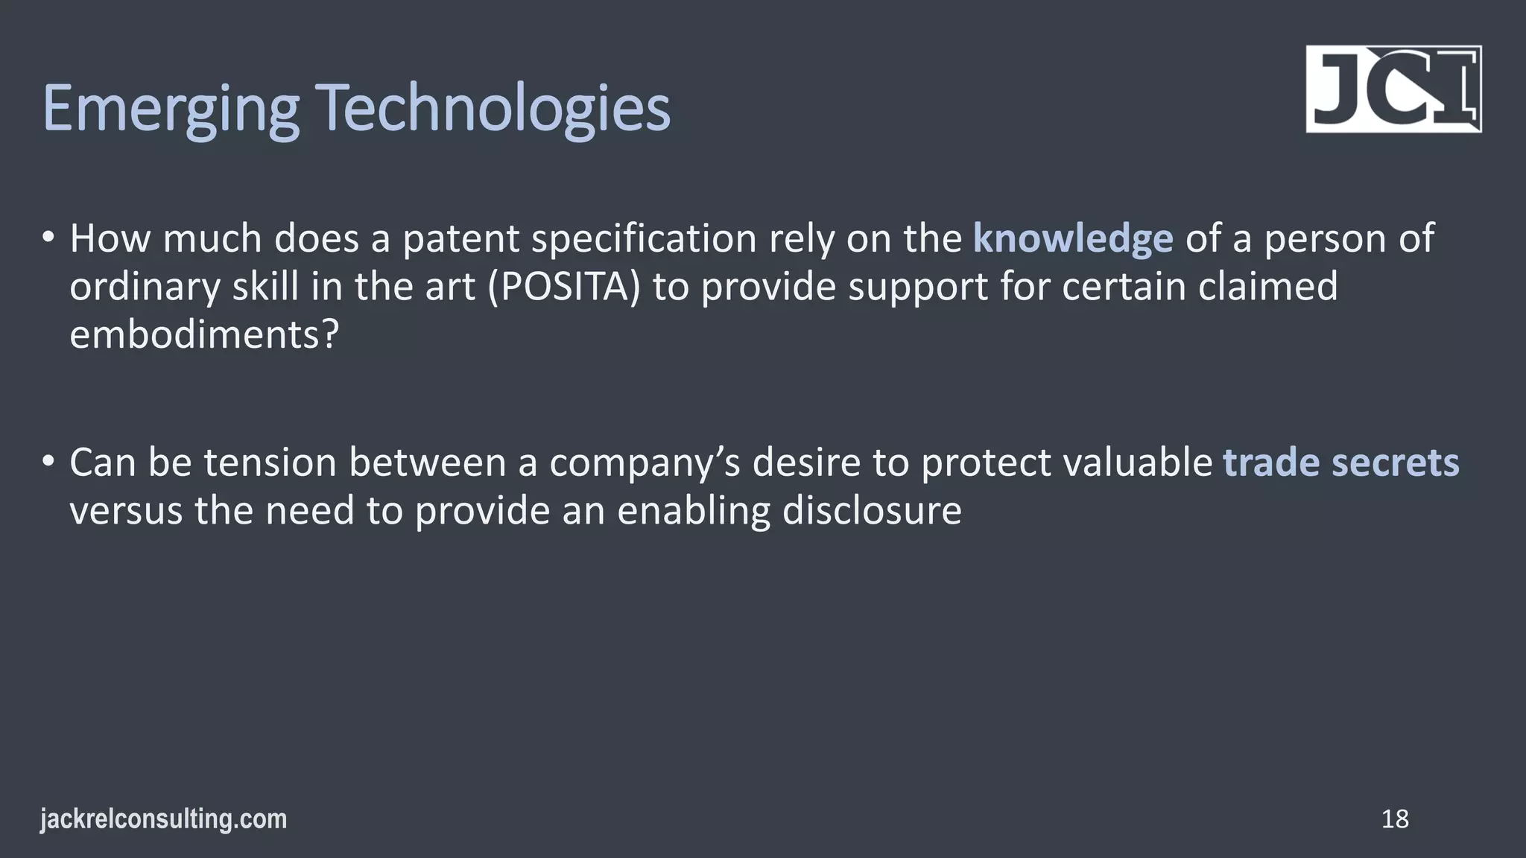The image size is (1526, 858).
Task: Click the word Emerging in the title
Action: [x=171, y=109]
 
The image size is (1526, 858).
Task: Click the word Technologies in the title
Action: [x=495, y=109]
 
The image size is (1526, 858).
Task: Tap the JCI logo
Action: [x=1393, y=89]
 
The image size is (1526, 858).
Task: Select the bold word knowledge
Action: [x=1073, y=238]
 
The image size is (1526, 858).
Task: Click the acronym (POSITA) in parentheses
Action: [x=564, y=287]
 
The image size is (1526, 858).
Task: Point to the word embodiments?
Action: [x=204, y=334]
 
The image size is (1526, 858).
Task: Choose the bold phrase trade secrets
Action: [x=1341, y=463]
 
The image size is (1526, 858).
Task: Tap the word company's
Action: [x=645, y=463]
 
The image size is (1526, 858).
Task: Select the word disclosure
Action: [x=872, y=511]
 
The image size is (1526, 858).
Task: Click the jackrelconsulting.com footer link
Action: [x=163, y=819]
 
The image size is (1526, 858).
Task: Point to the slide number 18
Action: [x=1395, y=819]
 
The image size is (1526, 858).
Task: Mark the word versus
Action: [x=126, y=511]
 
